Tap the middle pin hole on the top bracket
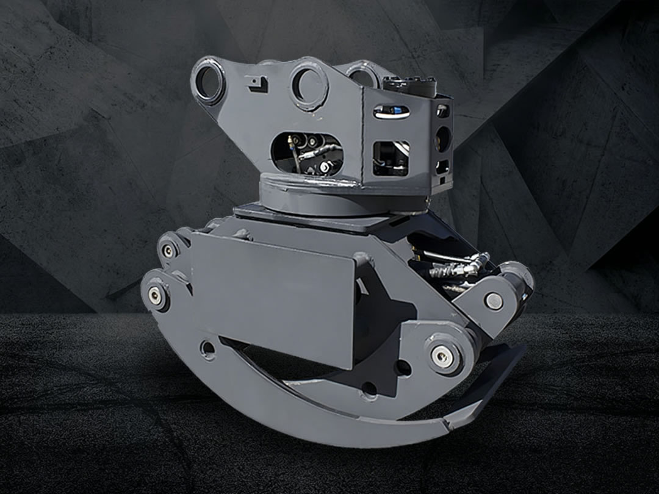click(x=309, y=85)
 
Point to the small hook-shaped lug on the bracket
click(x=258, y=84)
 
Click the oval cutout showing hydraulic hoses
click(x=306, y=153)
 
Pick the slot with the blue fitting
click(x=391, y=112)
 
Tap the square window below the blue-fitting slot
click(x=391, y=158)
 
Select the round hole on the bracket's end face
click(x=442, y=139)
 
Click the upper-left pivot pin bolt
click(x=167, y=251)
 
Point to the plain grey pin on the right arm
click(x=493, y=301)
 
